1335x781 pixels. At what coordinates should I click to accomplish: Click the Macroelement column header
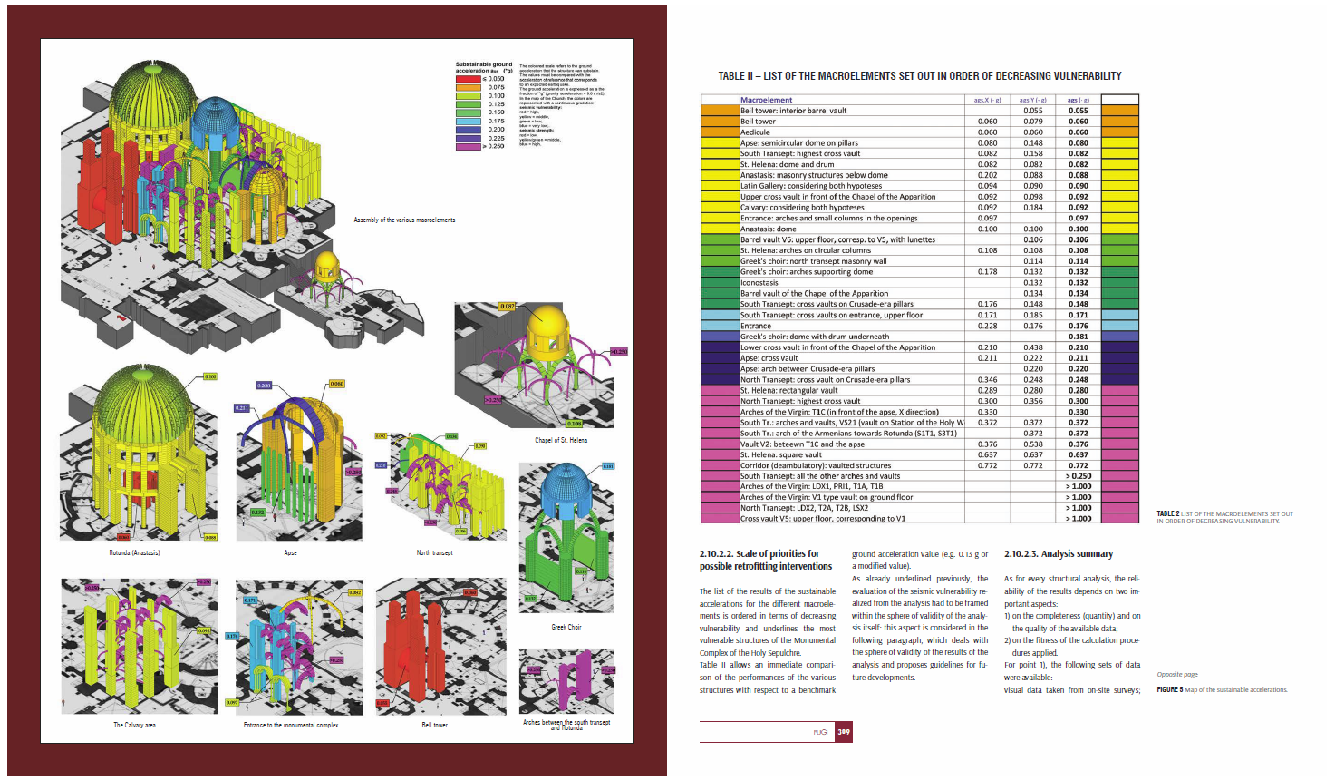coord(766,100)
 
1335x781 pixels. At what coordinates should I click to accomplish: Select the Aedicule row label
coord(755,132)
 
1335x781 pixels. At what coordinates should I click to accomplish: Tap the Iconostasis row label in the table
coord(759,283)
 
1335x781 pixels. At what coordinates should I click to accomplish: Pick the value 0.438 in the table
coord(1032,347)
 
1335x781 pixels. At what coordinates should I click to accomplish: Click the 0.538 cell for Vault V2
coord(1032,444)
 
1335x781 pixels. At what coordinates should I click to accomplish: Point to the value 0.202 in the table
coord(987,175)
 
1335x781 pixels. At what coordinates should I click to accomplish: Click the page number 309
coord(844,732)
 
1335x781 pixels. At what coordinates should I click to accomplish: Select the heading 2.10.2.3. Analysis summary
coord(1058,553)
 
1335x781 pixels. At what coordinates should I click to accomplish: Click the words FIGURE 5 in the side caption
coord(1169,689)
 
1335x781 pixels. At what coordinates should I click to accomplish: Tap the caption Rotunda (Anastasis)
coord(134,552)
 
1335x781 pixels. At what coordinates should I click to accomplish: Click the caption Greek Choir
coord(566,627)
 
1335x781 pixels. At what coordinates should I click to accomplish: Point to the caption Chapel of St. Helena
coord(561,440)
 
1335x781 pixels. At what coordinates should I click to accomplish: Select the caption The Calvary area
coord(134,725)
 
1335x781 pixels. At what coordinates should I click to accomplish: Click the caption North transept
coord(434,552)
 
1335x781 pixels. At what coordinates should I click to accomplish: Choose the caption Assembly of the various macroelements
coord(404,220)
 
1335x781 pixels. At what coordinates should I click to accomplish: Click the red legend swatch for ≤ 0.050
coord(468,79)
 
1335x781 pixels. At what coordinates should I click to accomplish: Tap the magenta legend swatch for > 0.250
coord(468,146)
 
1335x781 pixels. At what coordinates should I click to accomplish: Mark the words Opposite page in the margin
coord(1177,675)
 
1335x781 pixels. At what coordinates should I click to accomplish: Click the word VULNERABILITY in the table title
coord(1088,76)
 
